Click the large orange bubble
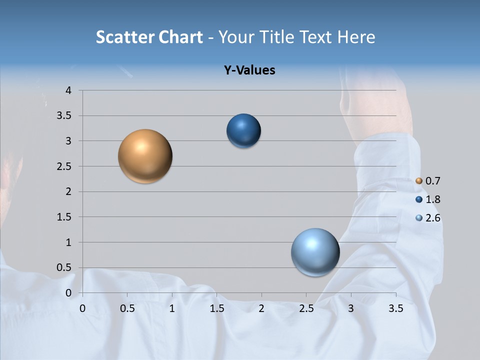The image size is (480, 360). click(x=145, y=156)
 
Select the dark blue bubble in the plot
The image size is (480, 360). click(x=243, y=131)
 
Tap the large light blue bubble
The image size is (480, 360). click(x=315, y=252)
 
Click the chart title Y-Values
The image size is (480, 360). click(x=249, y=70)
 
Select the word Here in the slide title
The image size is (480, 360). click(x=355, y=37)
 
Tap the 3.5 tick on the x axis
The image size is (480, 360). click(x=395, y=308)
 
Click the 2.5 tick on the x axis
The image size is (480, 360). click(x=306, y=308)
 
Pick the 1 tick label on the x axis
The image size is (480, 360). click(x=172, y=308)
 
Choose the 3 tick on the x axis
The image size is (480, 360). click(x=351, y=308)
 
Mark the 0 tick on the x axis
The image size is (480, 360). click(x=82, y=308)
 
